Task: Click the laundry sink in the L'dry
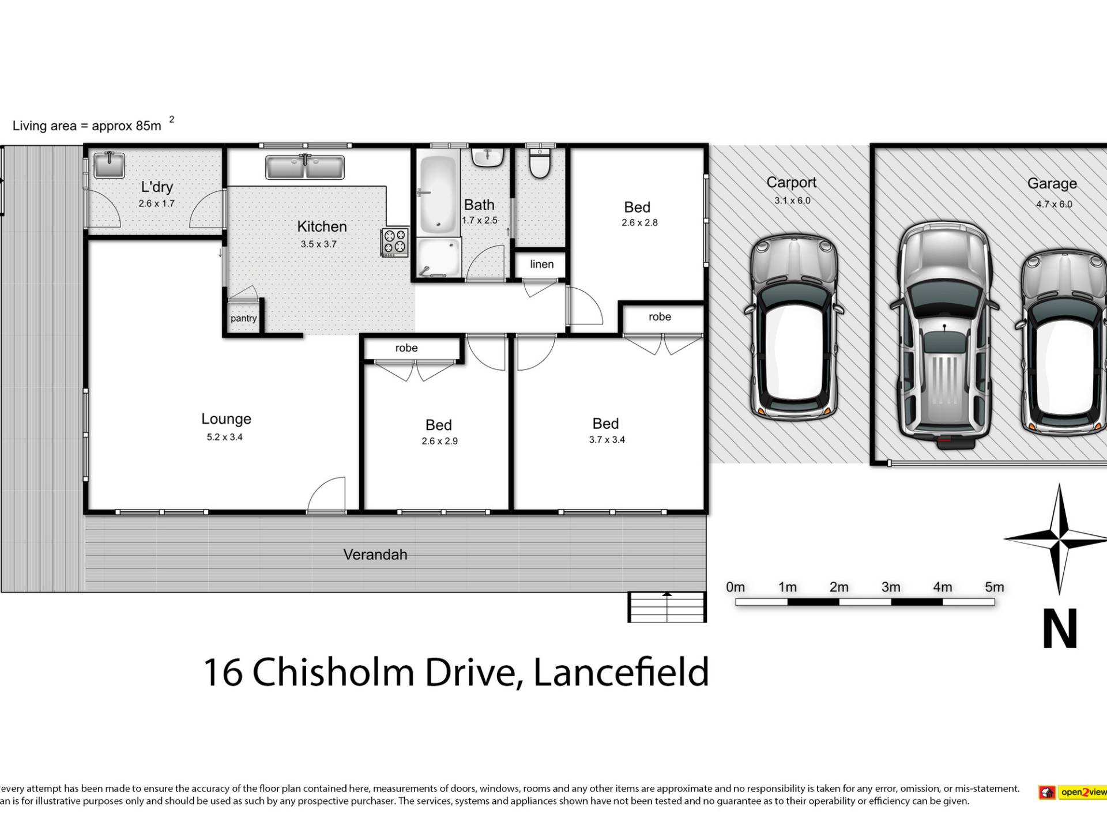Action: coord(109,165)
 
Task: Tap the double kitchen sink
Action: coord(305,167)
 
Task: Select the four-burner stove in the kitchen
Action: coord(395,242)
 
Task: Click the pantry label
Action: coord(243,319)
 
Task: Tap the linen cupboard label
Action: coord(542,264)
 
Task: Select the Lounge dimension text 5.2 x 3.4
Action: coord(225,437)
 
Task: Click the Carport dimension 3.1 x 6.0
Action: coord(792,201)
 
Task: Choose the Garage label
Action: coord(1052,183)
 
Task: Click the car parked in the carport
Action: coord(793,327)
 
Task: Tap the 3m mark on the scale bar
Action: coord(891,587)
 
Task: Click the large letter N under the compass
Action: coord(1060,628)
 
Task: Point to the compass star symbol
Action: coord(1059,539)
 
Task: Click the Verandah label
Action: coord(375,554)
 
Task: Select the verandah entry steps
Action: coord(667,607)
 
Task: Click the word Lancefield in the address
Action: coord(621,672)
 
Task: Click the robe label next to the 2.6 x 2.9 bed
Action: coord(406,348)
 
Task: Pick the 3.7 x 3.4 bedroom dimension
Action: coord(607,439)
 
